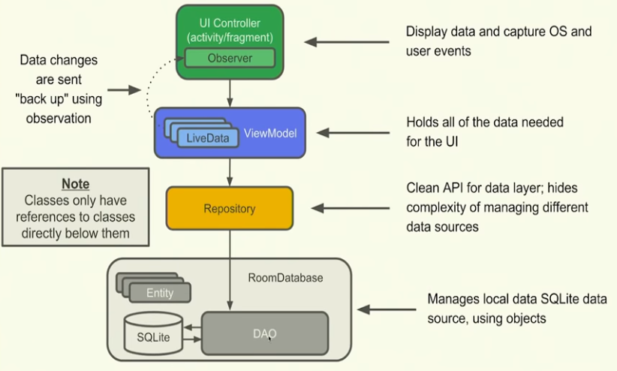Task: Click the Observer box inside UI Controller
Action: (230, 57)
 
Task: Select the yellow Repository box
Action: (230, 209)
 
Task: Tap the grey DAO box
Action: (265, 334)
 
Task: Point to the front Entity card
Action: (160, 293)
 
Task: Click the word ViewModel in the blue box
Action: (270, 134)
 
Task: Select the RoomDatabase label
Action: (285, 278)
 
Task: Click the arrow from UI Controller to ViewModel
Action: (230, 92)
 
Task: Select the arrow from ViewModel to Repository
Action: (230, 171)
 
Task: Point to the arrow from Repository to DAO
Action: (230, 270)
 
